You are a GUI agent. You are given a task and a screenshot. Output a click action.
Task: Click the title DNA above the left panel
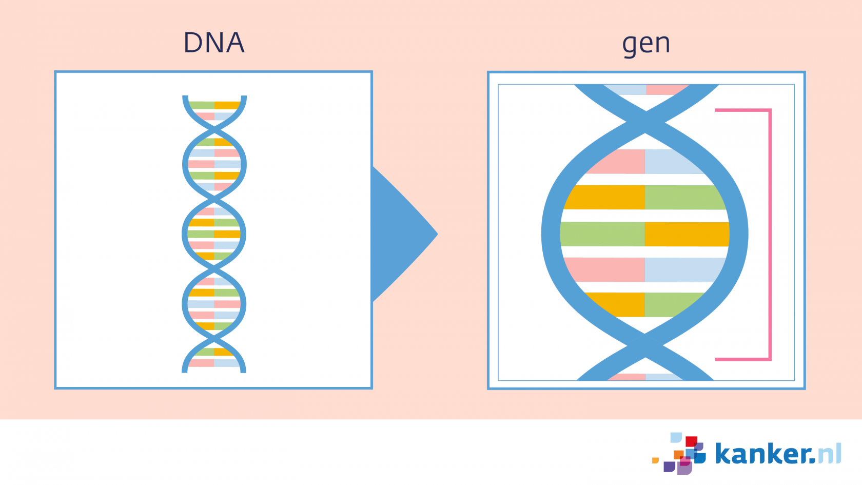(x=214, y=42)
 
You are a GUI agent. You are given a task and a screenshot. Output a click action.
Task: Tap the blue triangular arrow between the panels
(x=404, y=234)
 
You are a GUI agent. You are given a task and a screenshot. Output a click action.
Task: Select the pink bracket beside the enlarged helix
(x=770, y=235)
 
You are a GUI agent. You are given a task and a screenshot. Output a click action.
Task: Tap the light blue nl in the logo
(x=830, y=453)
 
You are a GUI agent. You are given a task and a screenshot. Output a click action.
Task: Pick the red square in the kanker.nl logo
(x=691, y=441)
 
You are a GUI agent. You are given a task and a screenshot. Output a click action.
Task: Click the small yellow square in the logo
(x=655, y=460)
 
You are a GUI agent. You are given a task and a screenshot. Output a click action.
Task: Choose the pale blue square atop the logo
(x=676, y=438)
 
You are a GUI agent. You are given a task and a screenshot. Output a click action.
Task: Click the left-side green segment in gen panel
(x=602, y=234)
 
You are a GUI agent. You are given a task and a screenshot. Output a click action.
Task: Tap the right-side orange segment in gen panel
(x=687, y=234)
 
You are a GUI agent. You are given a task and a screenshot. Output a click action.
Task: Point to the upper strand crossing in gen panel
(x=645, y=122)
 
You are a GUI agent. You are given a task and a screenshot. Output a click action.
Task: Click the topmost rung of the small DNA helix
(x=214, y=105)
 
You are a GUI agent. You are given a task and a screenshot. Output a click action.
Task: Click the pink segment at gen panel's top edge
(x=667, y=90)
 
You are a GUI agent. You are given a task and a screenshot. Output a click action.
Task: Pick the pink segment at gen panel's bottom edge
(x=627, y=377)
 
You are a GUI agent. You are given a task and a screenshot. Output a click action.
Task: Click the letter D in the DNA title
(x=193, y=43)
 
